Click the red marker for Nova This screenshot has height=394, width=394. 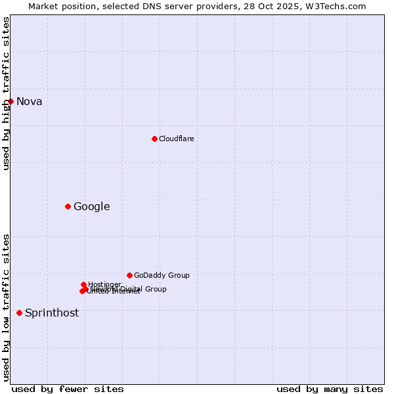point(11,101)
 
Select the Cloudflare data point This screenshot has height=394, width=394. point(154,139)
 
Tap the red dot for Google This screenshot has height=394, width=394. point(68,206)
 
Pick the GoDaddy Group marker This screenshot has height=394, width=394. point(129,275)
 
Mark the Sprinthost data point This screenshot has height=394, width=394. point(19,313)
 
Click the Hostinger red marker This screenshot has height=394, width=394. point(83,284)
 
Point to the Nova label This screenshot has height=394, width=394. point(29,101)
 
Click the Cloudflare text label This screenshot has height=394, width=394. point(176,139)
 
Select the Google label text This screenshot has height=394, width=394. point(91,206)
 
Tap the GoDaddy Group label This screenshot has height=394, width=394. point(162,275)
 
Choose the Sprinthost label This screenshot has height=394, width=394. point(51,313)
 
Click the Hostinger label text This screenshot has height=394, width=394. point(104,284)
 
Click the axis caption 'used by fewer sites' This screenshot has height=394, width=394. point(68,389)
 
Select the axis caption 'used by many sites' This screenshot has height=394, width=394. point(330,389)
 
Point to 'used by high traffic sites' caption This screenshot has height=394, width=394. point(6,93)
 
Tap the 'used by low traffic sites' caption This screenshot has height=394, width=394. point(6,307)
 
